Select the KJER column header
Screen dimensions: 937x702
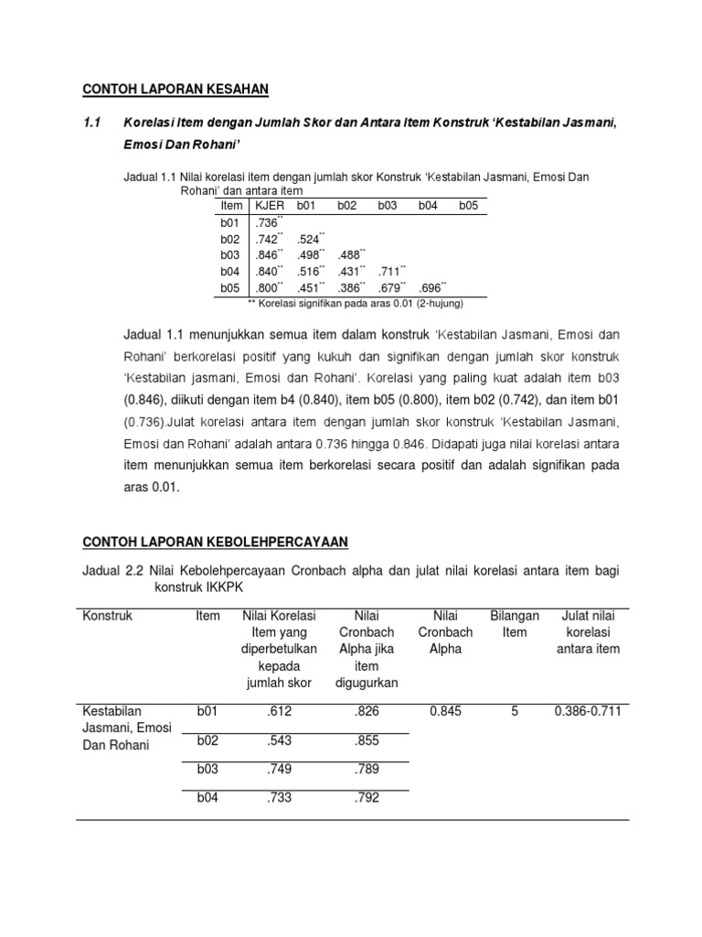[x=270, y=206]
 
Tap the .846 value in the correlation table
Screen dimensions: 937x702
[x=267, y=255]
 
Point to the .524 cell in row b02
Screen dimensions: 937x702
[x=309, y=239]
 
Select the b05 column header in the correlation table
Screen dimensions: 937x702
[x=468, y=206]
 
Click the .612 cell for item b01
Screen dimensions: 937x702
[x=280, y=711]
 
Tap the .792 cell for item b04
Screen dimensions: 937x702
[x=366, y=798]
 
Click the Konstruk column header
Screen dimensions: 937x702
[x=108, y=616]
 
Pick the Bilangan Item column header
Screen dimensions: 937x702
[x=515, y=624]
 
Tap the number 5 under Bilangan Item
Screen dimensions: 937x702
[x=515, y=711]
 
